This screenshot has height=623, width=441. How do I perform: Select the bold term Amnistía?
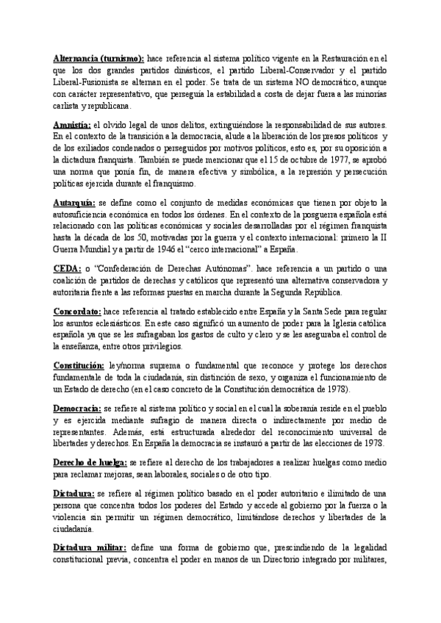72,125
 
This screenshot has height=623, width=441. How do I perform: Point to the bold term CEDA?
68,269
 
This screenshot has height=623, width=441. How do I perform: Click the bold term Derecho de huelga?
90,464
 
